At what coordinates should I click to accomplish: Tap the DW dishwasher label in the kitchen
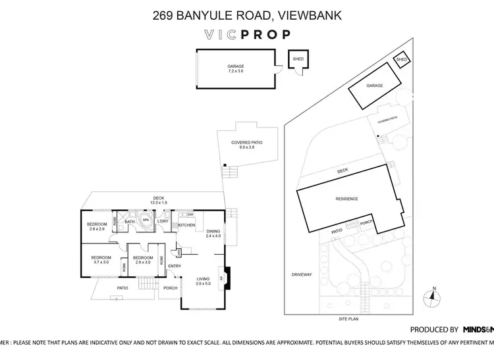190,215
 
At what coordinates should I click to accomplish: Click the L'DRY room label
163,221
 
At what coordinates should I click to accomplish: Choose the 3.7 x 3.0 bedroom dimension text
101,262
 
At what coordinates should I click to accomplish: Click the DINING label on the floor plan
213,231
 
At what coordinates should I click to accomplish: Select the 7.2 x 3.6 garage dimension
235,71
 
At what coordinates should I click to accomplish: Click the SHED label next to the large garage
298,59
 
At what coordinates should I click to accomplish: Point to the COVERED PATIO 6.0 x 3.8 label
247,145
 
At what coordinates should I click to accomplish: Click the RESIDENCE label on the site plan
346,198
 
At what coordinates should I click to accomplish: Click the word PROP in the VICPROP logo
267,35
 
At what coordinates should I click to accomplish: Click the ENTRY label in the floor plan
175,266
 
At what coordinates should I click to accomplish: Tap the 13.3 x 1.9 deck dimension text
159,202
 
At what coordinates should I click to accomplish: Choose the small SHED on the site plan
401,61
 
